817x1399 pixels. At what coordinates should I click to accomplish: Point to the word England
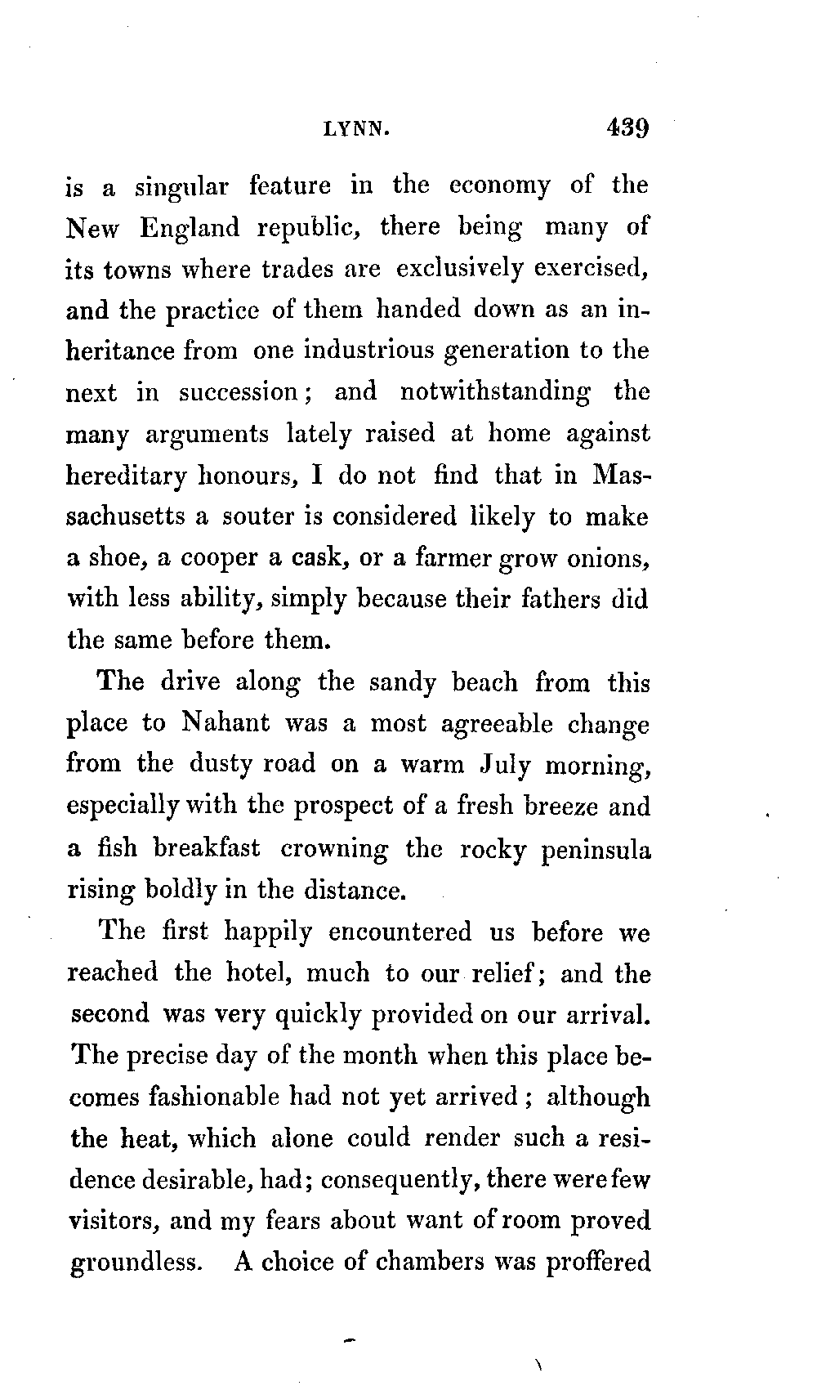click(x=190, y=228)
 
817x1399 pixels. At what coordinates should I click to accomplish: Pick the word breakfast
click(x=207, y=848)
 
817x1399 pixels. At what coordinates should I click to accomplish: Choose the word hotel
click(x=243, y=973)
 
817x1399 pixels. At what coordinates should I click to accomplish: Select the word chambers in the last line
click(x=429, y=1261)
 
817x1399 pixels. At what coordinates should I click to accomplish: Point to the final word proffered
click(x=597, y=1261)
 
